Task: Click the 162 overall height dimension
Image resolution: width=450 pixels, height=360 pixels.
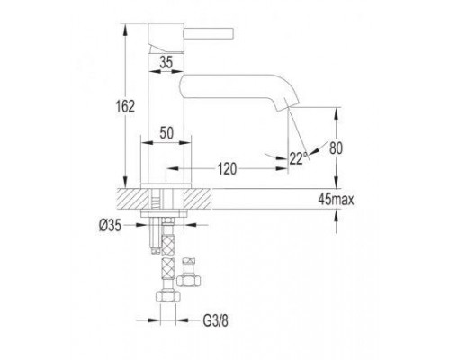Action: point(125,106)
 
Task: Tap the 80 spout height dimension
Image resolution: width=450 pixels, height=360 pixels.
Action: point(336,148)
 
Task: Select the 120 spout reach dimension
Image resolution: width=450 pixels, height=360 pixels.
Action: point(227,169)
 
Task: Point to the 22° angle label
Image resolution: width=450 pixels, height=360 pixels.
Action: point(299,158)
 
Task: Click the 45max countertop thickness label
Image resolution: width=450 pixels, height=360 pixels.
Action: point(336,200)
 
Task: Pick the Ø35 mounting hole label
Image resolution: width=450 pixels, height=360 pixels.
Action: point(110,225)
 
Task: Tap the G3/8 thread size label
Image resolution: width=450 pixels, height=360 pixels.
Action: point(215,321)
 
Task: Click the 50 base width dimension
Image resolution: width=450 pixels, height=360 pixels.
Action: point(166,133)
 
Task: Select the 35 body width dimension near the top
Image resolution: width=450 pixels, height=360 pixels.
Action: point(166,62)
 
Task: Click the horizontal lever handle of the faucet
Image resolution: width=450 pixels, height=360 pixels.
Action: point(208,33)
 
